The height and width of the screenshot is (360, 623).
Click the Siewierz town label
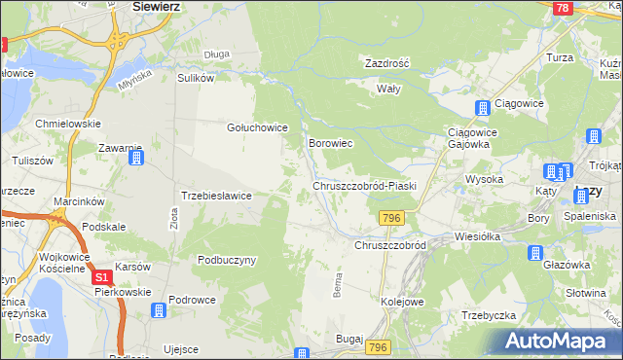[x=159, y=6]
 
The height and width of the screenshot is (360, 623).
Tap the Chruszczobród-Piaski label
[x=364, y=186]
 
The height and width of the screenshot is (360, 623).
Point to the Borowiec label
[x=330, y=143]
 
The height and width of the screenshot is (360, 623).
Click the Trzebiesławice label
[x=217, y=196]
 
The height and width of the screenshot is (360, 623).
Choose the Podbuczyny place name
[x=226, y=260]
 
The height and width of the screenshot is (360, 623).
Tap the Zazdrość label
[x=386, y=63]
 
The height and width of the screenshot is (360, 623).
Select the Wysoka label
[x=484, y=179]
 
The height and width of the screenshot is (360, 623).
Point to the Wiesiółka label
[x=477, y=236]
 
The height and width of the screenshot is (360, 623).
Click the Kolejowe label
[x=402, y=303]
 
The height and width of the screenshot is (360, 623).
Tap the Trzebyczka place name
[x=488, y=315]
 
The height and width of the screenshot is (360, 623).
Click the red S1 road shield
[x=102, y=278]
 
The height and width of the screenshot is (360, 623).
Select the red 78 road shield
[x=562, y=8]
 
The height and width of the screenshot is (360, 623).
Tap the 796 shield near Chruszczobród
[x=392, y=217]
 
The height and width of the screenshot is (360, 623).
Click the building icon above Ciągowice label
[x=481, y=109]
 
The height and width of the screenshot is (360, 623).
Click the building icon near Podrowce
[x=158, y=310]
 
